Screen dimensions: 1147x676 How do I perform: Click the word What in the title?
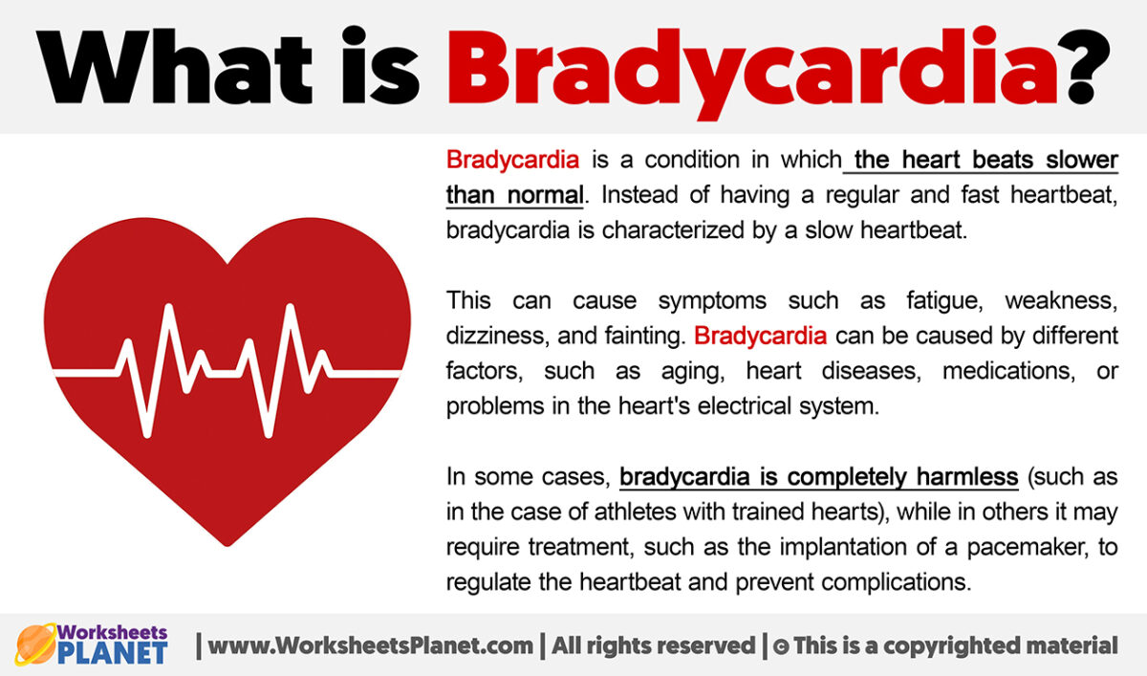175,66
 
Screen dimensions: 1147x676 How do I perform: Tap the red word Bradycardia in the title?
753,73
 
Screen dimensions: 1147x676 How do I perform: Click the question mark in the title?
1088,66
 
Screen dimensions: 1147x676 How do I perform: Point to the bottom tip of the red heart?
227,545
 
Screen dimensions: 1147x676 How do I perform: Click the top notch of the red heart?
227,262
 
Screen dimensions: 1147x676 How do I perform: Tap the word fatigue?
944,301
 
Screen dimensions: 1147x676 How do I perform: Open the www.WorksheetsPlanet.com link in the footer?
370,645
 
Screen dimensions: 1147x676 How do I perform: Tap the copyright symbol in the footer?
780,646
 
